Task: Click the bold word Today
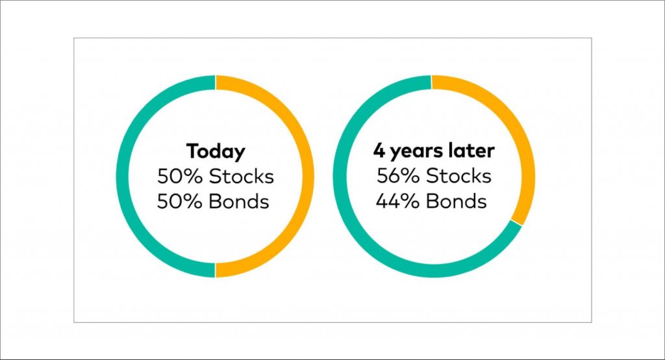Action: point(216,151)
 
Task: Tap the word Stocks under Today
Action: point(242,176)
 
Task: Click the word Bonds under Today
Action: point(240,201)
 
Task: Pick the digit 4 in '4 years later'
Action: point(379,151)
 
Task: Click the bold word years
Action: point(410,152)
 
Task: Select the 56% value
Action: point(398,175)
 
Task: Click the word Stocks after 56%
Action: point(459,175)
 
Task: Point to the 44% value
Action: point(397,201)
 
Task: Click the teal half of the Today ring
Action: point(123,176)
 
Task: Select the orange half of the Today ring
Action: point(307,176)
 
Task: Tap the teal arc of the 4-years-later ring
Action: point(340,176)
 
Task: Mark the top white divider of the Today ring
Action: point(216,83)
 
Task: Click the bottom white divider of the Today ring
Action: point(216,270)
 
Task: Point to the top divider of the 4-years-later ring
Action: point(431,83)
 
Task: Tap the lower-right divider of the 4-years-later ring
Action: point(516,223)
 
